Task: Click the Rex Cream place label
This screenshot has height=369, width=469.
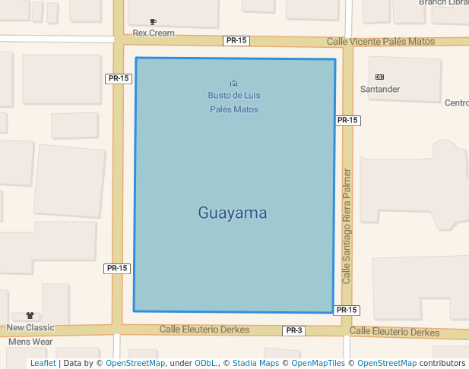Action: pos(154,33)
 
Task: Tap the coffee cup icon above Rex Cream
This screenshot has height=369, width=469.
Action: pos(154,22)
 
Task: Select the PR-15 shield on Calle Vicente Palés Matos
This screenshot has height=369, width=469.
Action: pos(236,40)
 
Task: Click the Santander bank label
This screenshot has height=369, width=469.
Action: pos(380,90)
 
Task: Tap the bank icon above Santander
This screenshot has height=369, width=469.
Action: pos(380,77)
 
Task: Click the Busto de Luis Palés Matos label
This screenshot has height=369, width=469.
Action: pos(233,102)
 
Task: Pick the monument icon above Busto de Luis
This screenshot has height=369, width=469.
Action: pos(233,83)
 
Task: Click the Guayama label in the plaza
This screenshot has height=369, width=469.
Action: pos(233,213)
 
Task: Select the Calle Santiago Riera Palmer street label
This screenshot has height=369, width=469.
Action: pos(347,226)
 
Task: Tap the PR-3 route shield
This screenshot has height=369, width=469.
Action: pos(294,331)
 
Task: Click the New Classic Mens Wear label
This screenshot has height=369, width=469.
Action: pos(30,335)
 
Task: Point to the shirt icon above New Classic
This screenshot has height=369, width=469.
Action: pos(30,315)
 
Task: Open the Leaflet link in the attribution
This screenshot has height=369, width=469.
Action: pos(43,364)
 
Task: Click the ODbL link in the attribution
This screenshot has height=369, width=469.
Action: pos(204,364)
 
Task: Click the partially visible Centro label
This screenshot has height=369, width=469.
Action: pos(457,103)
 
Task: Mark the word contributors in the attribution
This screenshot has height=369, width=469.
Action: pos(442,364)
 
